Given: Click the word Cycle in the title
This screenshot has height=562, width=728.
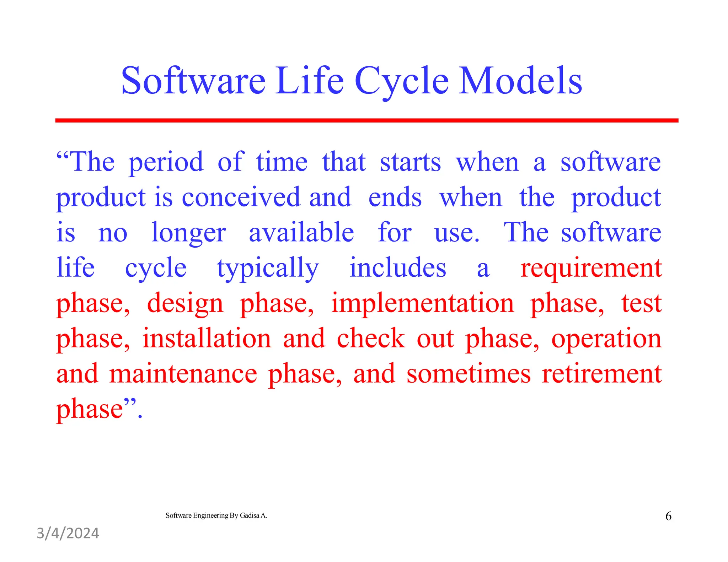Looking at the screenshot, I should pyautogui.click(x=401, y=82).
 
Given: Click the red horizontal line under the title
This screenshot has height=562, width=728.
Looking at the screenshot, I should pyautogui.click(x=366, y=121).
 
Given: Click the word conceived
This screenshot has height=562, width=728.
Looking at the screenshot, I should pyautogui.click(x=241, y=198).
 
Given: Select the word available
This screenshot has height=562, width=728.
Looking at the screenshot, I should pyautogui.click(x=301, y=233).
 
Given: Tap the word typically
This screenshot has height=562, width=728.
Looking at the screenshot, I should pyautogui.click(x=268, y=269).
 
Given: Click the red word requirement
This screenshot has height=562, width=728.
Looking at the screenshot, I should pyautogui.click(x=590, y=269).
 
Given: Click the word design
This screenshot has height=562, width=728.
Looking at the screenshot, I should pyautogui.click(x=185, y=304).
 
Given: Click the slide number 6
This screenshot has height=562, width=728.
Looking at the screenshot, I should pyautogui.click(x=668, y=516).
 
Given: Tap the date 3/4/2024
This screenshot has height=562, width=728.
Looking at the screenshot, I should pyautogui.click(x=68, y=534).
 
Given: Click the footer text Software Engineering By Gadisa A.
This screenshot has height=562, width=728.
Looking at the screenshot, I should pyautogui.click(x=216, y=515).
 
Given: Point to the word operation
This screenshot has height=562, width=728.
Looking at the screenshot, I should pyautogui.click(x=606, y=339).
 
